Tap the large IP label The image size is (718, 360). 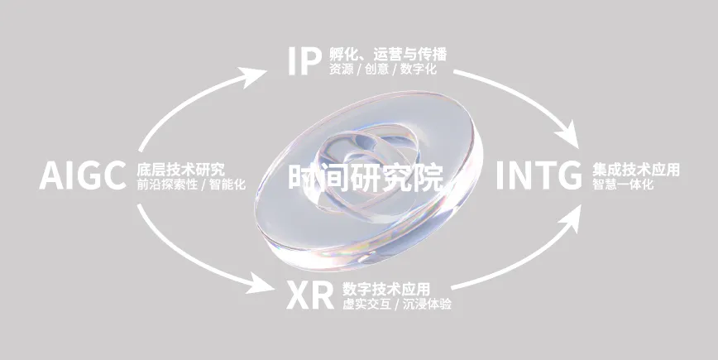[x=304, y=62]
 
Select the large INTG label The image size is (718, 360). [x=538, y=176]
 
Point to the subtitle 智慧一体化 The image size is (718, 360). [x=622, y=184]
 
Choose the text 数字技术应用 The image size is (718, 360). [x=385, y=289]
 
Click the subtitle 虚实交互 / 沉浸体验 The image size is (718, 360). [x=396, y=304]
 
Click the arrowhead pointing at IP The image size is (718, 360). [x=263, y=74]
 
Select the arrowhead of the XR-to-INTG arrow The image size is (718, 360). [x=572, y=216]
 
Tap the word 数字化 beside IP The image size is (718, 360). [x=430, y=70]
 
